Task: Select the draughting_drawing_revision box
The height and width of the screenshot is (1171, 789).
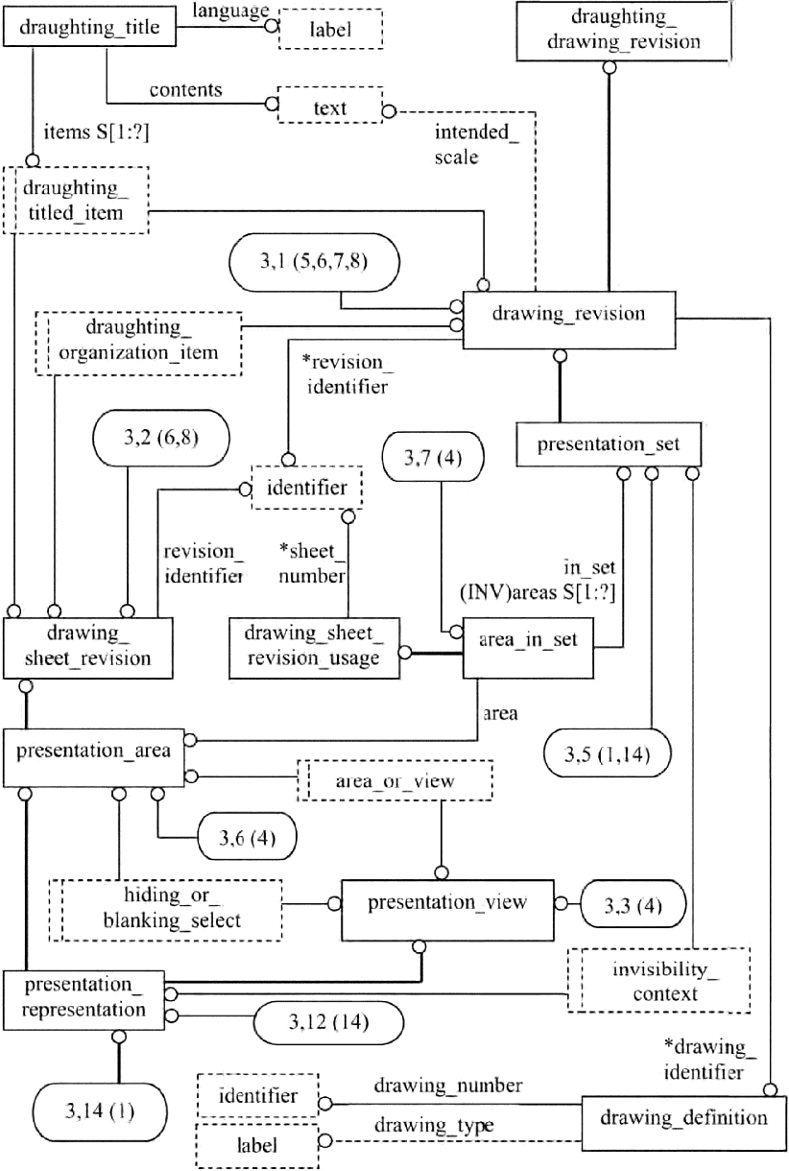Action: (609, 30)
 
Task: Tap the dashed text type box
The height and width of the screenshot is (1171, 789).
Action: (329, 108)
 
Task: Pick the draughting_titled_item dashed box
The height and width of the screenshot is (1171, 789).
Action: (76, 200)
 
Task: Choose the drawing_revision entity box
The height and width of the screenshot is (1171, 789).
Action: (568, 314)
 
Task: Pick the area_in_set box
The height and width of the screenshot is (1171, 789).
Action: (529, 640)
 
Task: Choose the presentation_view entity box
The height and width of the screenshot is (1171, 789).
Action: (447, 901)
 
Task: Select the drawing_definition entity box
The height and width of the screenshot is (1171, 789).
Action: (683, 1116)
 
